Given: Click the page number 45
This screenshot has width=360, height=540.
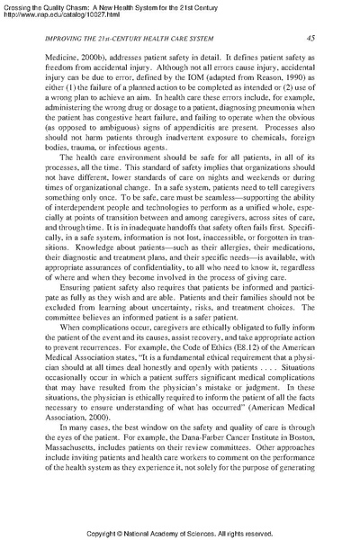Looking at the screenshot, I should point(309,38).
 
